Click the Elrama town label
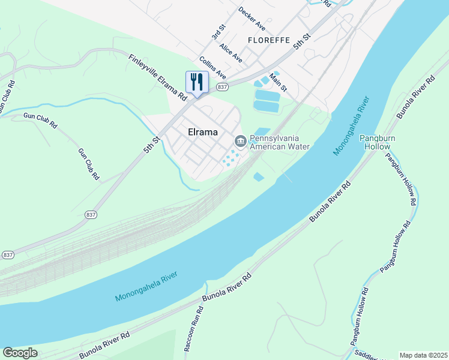202,131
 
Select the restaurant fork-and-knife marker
197,83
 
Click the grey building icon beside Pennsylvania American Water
240,141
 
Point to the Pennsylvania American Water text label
279,142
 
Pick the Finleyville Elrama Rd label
158,77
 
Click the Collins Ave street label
212,68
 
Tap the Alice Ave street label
231,53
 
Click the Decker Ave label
252,19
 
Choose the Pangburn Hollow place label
375,142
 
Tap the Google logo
20,353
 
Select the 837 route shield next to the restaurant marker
223,87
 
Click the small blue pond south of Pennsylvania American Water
258,176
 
